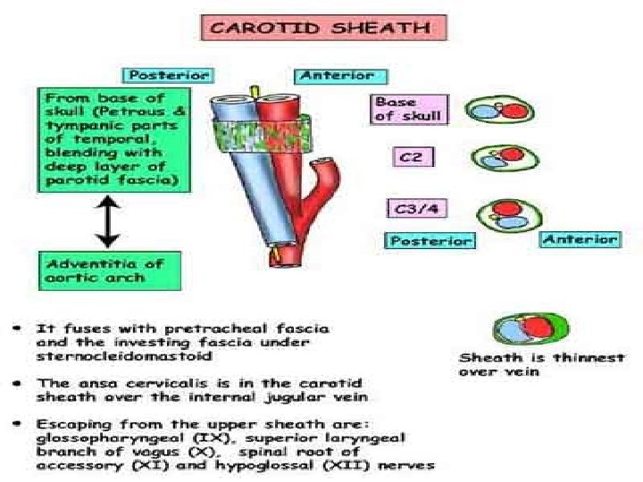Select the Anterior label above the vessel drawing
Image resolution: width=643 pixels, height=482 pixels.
336,75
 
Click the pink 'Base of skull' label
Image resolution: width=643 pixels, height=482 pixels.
407,109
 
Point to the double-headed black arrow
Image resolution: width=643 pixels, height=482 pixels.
106,221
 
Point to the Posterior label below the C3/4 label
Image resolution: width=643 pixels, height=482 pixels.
430,240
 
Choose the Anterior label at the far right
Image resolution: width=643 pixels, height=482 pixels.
579,238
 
